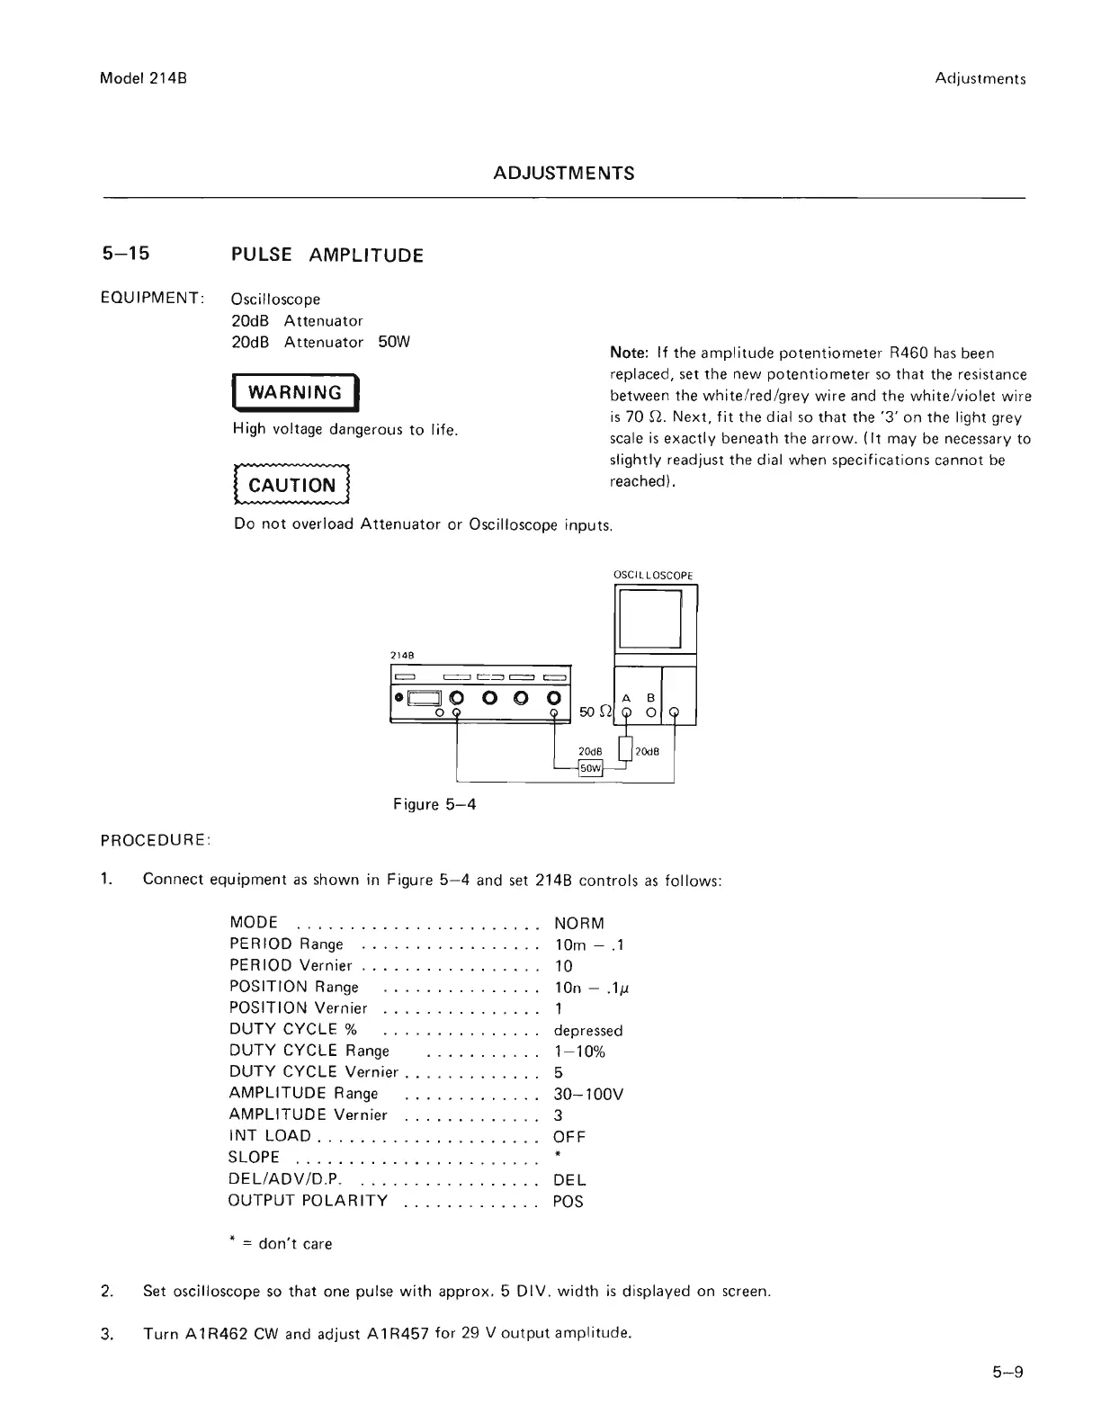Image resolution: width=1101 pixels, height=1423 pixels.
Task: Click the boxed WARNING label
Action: click(x=295, y=392)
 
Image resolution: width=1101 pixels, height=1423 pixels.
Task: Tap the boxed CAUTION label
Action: click(x=291, y=486)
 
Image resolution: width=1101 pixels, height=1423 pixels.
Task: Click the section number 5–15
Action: click(x=125, y=254)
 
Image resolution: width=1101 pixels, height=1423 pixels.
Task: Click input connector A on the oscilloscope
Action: click(x=629, y=715)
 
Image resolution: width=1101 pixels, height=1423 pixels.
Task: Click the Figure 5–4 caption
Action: click(x=434, y=804)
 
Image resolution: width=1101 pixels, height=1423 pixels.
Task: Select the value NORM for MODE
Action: click(x=579, y=923)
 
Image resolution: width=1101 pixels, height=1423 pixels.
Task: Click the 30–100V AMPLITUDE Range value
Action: click(x=588, y=1094)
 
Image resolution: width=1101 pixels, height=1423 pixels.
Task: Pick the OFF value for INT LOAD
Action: click(x=569, y=1137)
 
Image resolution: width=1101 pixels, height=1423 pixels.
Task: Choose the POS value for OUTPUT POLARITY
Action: click(x=568, y=1202)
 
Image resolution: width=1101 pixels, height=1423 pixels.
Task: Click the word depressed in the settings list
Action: click(x=588, y=1030)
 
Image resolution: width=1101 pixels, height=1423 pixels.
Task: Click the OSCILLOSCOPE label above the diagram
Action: click(x=653, y=576)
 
